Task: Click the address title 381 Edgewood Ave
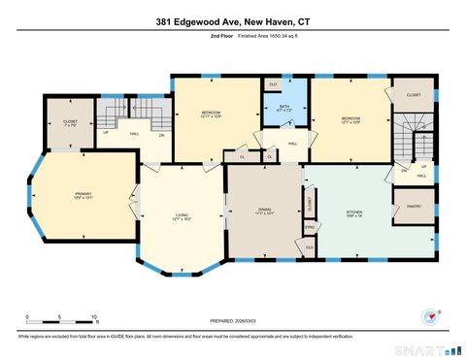click(x=232, y=21)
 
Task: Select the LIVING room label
click(x=182, y=216)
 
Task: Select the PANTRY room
click(x=413, y=206)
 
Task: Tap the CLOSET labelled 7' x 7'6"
click(x=70, y=122)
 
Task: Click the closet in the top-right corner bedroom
click(x=414, y=96)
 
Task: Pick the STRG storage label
click(x=311, y=228)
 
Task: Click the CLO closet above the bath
click(x=274, y=85)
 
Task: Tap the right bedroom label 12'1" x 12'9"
click(x=349, y=120)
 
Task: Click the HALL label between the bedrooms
click(x=291, y=143)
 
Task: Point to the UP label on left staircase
click(x=106, y=132)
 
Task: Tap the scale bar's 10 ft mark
click(x=94, y=317)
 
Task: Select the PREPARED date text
click(x=232, y=321)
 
